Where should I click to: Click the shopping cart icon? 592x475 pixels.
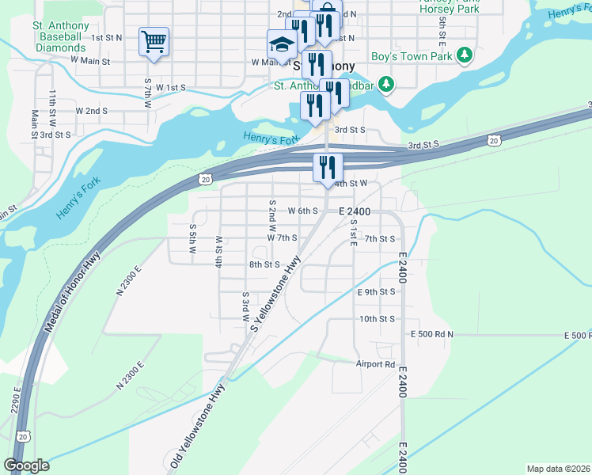coord(154,41)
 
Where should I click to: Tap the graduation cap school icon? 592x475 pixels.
coord(281,44)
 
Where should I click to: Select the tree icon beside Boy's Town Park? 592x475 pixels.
coord(466,56)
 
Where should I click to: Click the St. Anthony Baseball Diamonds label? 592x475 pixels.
coord(61,36)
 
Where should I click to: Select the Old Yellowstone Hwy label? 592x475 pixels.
coord(196,424)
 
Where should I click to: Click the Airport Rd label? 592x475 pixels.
coord(375,364)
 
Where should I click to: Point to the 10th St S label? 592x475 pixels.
coord(377,319)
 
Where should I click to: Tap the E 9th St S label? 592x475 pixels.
coord(375,292)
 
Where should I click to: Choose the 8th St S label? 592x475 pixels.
coord(264,264)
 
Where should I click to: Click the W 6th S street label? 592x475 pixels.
coord(302,211)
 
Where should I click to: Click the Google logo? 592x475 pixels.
coord(27,465)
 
